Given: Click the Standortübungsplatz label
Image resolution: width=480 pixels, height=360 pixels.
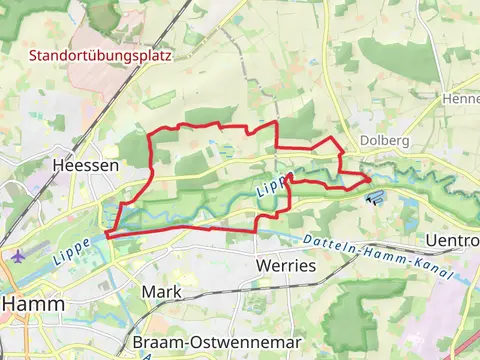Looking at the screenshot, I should tap(100, 56).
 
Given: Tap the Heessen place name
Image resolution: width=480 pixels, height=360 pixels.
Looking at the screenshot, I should tap(86, 165).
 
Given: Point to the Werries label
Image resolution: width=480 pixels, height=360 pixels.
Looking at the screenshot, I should tap(286, 266).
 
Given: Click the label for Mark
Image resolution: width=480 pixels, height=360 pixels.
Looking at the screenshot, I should tap(162, 291).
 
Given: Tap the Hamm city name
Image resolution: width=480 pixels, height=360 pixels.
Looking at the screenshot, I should tap(33, 304).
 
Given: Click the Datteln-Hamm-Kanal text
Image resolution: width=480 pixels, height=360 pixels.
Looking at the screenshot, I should tap(376, 257).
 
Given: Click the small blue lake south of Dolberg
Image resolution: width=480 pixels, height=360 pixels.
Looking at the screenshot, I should tap(376, 195).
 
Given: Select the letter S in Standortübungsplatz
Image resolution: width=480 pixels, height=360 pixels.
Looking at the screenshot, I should tap(33, 56).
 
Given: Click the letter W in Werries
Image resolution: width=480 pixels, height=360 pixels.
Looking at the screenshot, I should tap(263, 266).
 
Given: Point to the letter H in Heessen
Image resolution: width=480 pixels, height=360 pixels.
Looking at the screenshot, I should tap(58, 165).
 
